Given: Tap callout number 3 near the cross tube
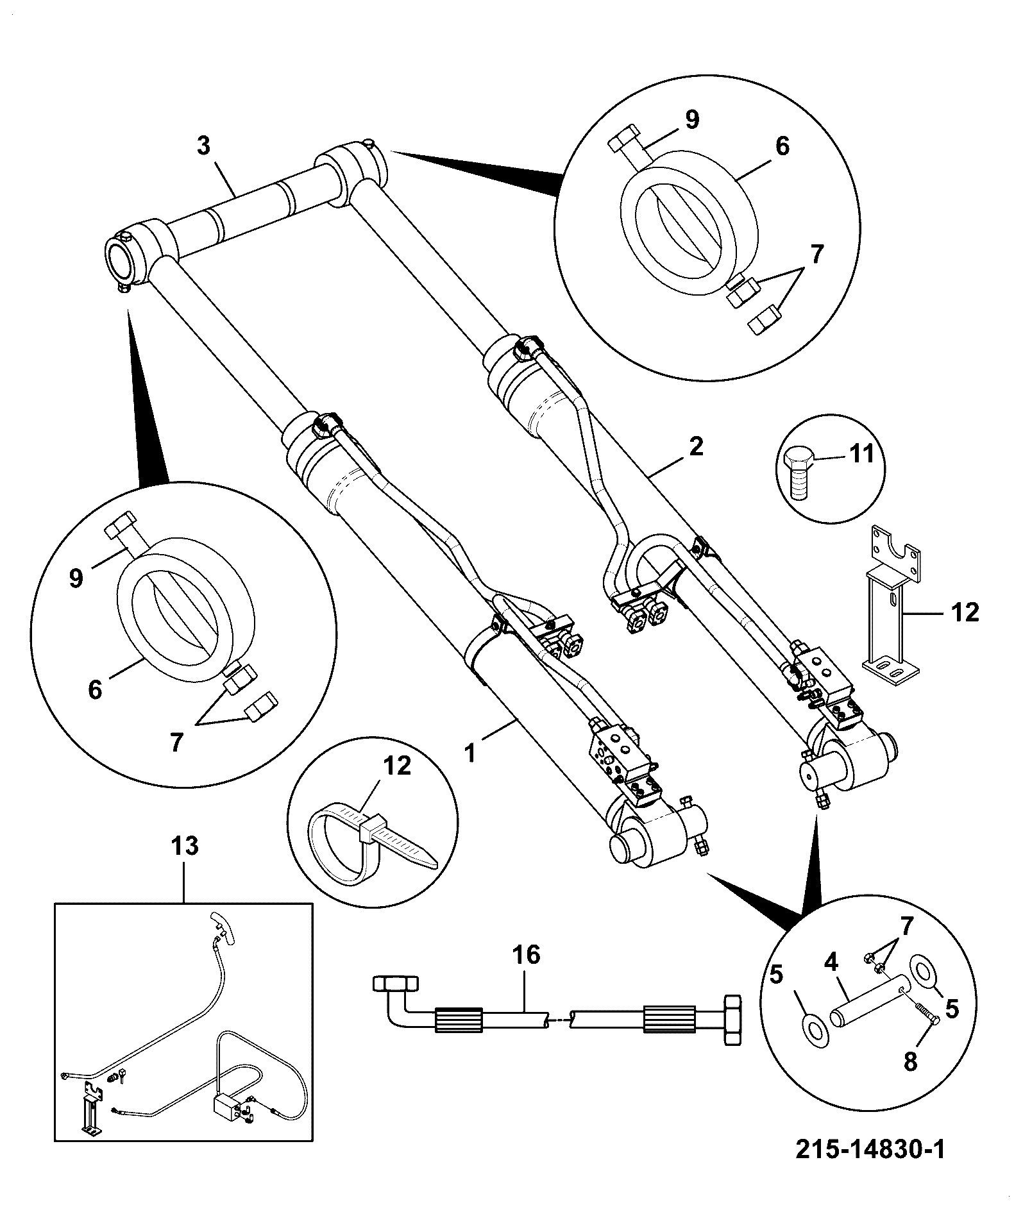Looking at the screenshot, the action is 203,146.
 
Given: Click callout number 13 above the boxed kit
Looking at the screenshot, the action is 184,846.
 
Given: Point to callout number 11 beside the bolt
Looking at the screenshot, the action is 862,454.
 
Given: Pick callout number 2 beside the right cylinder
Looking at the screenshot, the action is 696,446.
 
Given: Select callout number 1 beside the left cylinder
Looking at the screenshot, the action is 471,752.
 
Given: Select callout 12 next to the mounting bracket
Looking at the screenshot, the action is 966,612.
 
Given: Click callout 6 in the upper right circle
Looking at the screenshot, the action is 782,146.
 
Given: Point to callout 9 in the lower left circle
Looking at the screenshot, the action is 76,578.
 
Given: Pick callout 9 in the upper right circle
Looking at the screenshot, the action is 691,120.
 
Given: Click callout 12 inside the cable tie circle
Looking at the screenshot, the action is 397,766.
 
